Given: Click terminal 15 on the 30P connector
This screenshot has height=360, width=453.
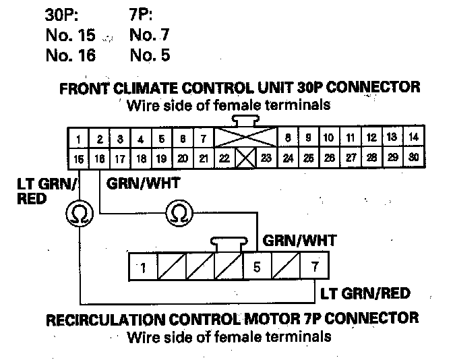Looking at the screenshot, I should pyautogui.click(x=79, y=159).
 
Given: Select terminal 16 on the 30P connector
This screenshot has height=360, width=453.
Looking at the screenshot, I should pyautogui.click(x=100, y=159).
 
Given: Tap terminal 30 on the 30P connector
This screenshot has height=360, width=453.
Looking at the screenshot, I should pyautogui.click(x=414, y=159).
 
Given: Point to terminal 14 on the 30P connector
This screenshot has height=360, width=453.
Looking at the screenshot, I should pyautogui.click(x=414, y=138).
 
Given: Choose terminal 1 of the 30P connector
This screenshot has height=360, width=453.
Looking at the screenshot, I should pyautogui.click(x=79, y=140).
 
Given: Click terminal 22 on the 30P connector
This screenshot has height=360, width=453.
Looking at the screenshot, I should pyautogui.click(x=224, y=159).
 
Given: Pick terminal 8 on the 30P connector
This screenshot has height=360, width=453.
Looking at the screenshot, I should pyautogui.click(x=288, y=138).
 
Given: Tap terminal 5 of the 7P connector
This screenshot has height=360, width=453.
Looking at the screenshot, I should pyautogui.click(x=256, y=267).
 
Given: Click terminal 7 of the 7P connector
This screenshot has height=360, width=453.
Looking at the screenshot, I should pyautogui.click(x=315, y=267).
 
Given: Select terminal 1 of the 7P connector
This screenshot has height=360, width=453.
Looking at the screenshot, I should pyautogui.click(x=143, y=267).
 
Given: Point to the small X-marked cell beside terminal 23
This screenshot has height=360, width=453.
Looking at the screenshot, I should pyautogui.click(x=245, y=159).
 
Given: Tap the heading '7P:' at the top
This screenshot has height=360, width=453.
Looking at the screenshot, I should pyautogui.click(x=140, y=13).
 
